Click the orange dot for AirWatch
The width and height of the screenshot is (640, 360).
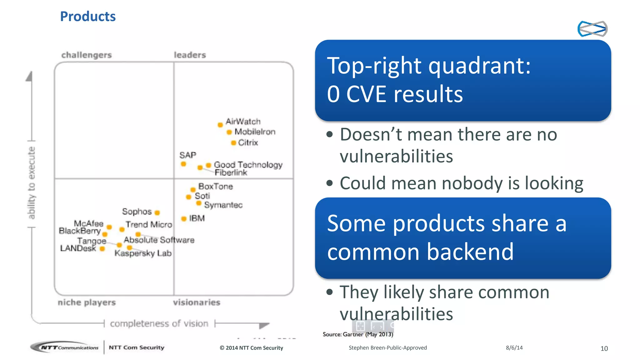[220, 125]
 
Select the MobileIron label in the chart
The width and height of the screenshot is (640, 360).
[255, 132]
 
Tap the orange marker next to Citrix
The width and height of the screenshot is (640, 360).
[233, 143]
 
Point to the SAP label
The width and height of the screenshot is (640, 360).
[187, 155]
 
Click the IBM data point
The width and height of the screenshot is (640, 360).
[184, 219]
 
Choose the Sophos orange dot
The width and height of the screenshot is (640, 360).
[157, 213]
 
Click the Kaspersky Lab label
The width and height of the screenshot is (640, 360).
[143, 253]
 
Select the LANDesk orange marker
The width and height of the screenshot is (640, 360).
[102, 249]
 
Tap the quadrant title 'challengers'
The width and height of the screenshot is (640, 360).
[86, 55]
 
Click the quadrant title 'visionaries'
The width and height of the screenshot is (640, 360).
[197, 302]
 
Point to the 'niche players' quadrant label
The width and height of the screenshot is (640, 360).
[87, 302]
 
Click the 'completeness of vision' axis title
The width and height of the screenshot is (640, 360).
[159, 323]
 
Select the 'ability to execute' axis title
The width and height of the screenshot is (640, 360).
[31, 183]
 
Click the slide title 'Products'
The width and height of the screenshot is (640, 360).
[88, 16]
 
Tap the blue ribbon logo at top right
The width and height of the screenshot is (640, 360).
[592, 29]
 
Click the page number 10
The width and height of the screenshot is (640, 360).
[604, 348]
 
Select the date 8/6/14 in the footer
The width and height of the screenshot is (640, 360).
[514, 348]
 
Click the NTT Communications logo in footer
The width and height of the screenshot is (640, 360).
[65, 347]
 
